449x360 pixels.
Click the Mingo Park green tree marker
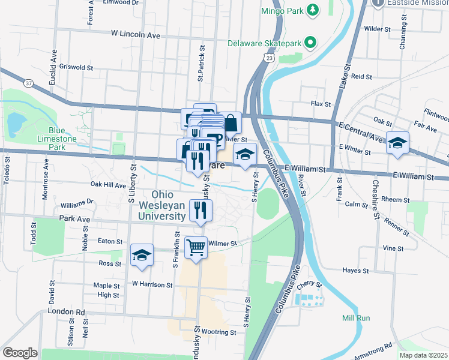[x=312, y=10]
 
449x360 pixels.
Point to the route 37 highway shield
[x=29, y=82]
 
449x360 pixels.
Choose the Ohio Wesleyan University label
[x=169, y=205]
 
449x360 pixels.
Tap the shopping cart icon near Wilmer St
[x=196, y=247]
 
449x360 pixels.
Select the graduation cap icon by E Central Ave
[x=397, y=143]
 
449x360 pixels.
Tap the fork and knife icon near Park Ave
[x=200, y=209]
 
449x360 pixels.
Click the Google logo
[x=20, y=352]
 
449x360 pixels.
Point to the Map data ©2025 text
[x=423, y=355]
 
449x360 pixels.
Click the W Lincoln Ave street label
[x=135, y=35]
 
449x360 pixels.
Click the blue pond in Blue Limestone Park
[x=14, y=123]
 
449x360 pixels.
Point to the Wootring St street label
[x=217, y=332]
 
